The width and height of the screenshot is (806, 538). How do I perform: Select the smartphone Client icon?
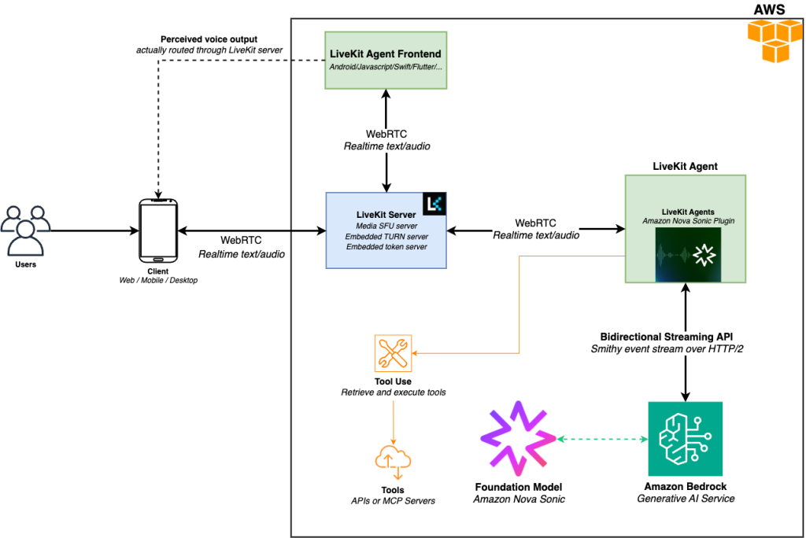tap(158, 230)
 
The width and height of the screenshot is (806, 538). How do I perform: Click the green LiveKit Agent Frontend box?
tap(386, 60)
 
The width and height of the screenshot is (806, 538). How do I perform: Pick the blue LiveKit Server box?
tap(386, 230)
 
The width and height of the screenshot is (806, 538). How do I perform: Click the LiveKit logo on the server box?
tap(434, 204)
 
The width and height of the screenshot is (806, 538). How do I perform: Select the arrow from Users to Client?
tap(94, 230)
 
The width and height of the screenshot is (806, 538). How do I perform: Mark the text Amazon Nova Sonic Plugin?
tap(686, 221)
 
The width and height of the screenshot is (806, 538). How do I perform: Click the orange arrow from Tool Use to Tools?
tap(393, 421)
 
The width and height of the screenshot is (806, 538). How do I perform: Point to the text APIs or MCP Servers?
tap(393, 501)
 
